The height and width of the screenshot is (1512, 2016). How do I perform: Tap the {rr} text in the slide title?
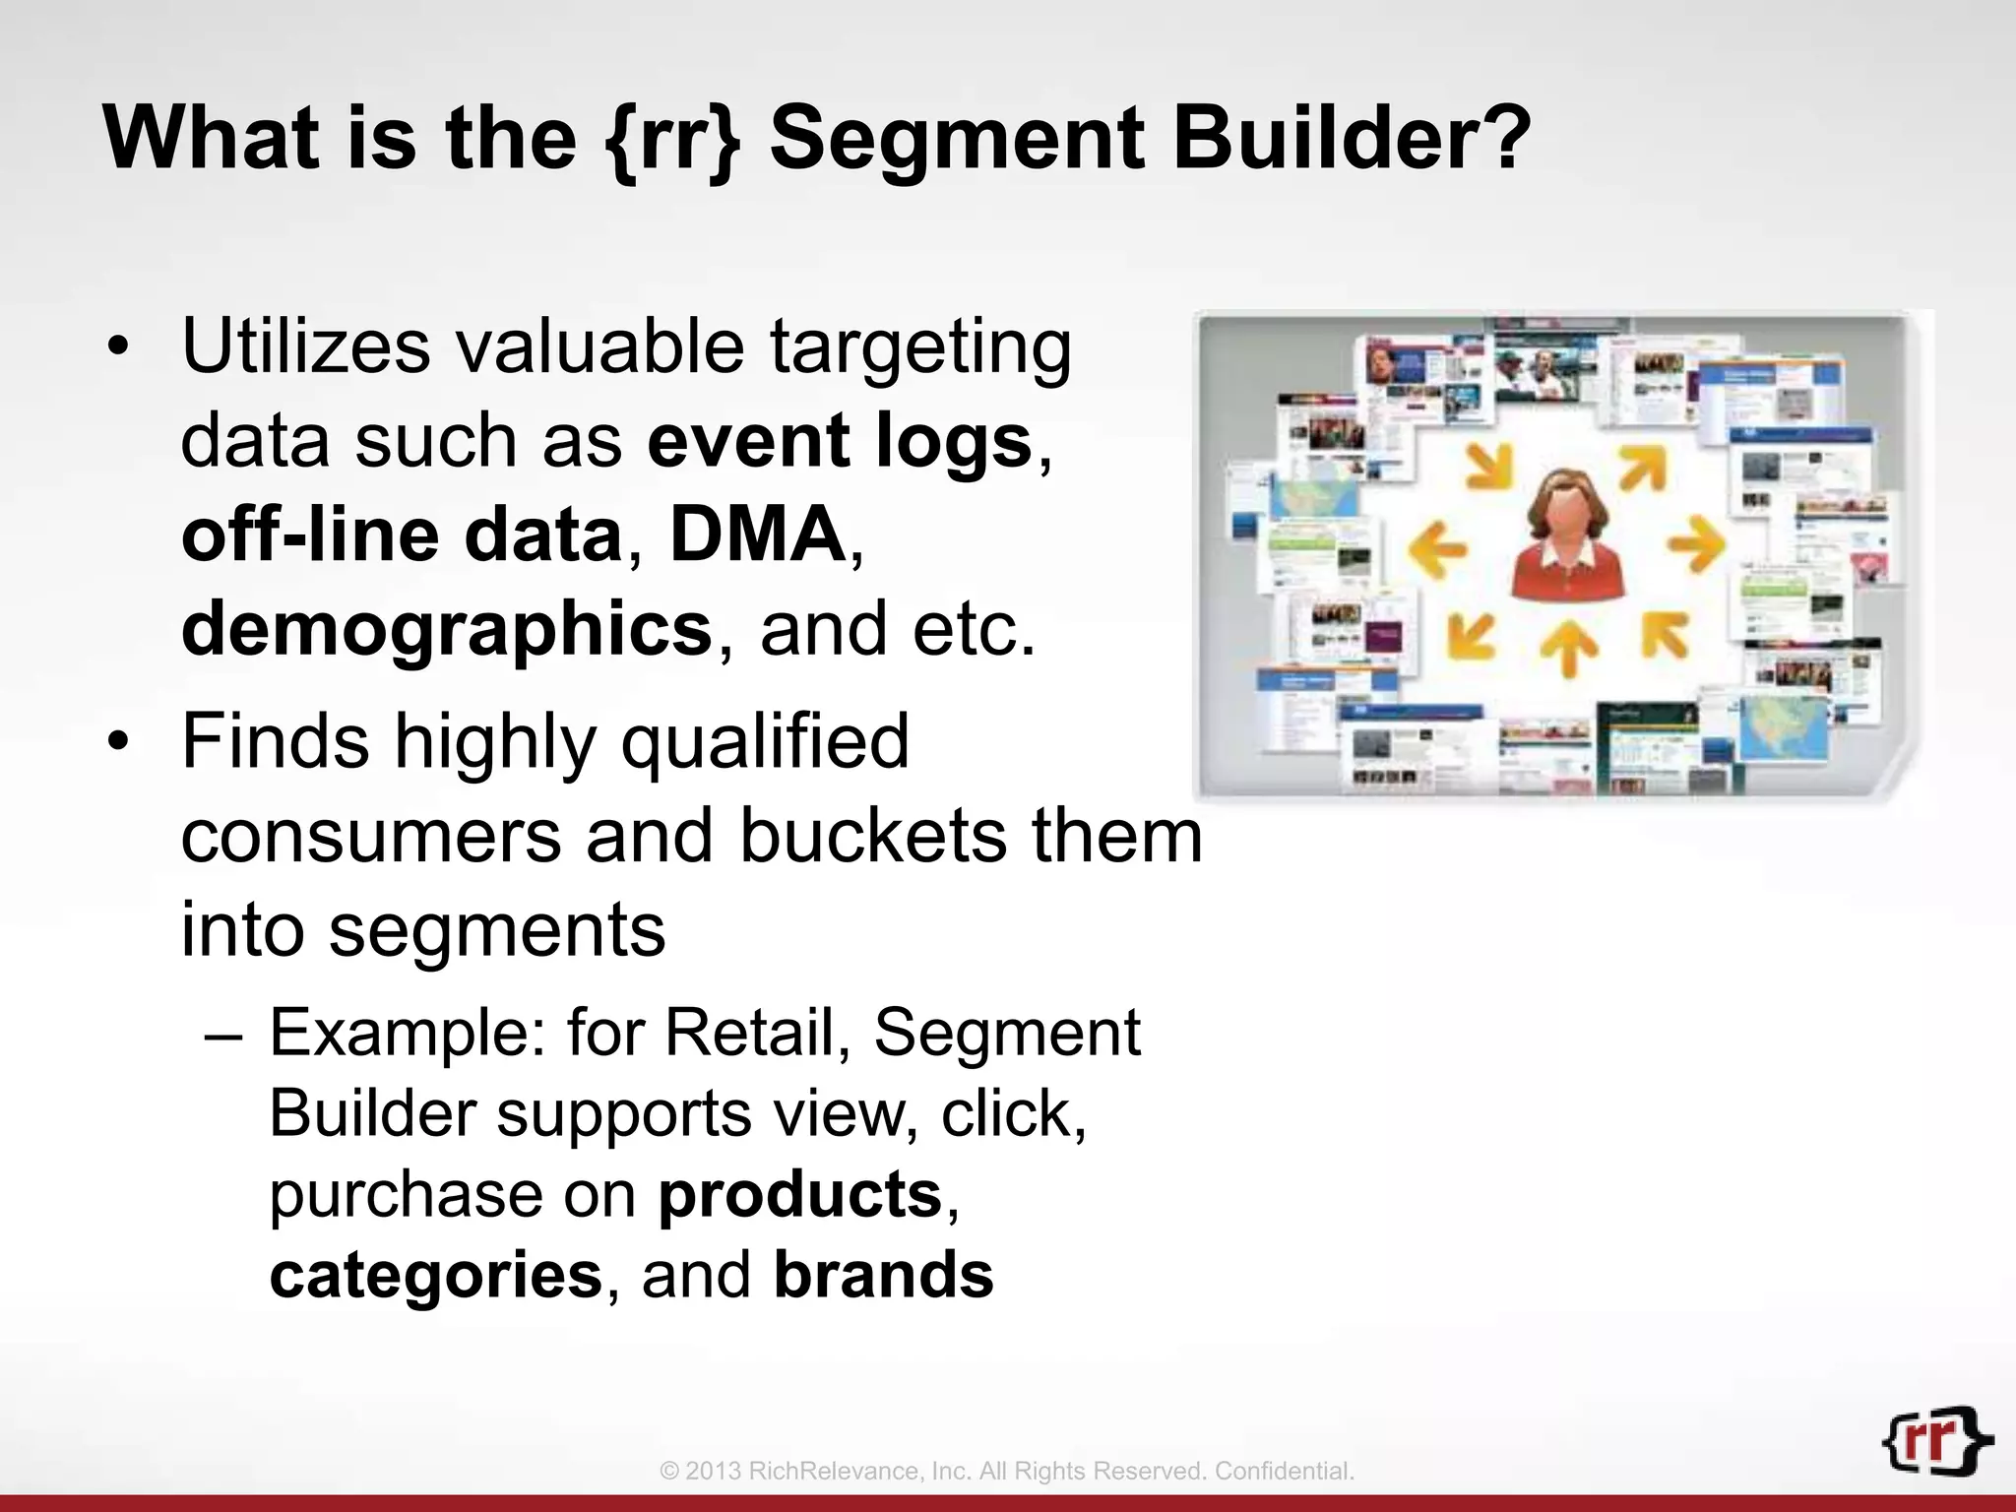click(672, 140)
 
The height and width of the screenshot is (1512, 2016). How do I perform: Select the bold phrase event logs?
click(840, 441)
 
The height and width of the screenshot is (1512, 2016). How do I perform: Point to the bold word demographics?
click(447, 630)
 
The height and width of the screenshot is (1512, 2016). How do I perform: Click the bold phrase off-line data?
click(402, 535)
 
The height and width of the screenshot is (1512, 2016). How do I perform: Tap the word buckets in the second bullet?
click(871, 836)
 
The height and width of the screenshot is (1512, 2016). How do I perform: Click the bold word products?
click(800, 1194)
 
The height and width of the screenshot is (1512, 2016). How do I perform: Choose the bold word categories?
click(435, 1275)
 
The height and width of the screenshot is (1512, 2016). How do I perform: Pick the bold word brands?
click(883, 1275)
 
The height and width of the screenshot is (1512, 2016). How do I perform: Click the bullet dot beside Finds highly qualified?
click(119, 743)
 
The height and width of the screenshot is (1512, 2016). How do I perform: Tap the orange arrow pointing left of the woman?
click(1438, 547)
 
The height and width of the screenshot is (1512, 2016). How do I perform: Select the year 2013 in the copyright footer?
click(714, 1472)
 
